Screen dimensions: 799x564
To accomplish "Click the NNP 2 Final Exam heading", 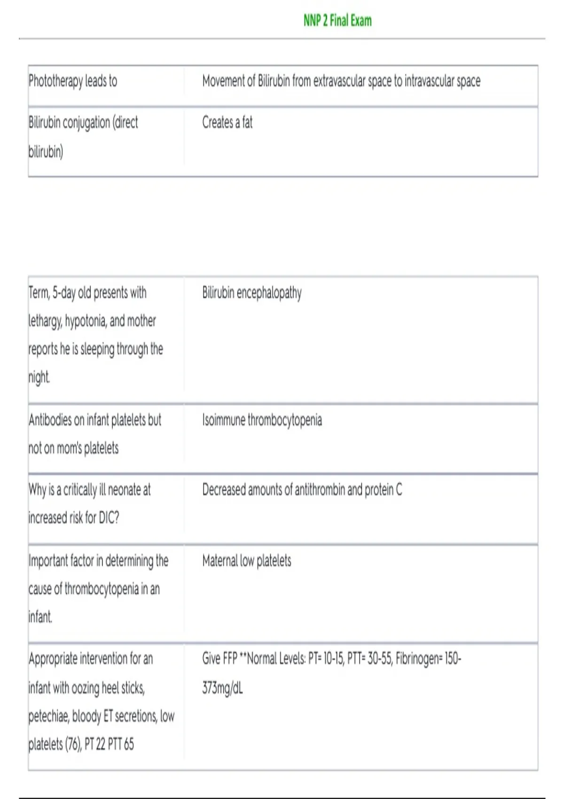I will click(337, 21).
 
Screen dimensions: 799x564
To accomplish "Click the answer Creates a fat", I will click(227, 123).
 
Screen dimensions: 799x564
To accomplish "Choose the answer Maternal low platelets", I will click(246, 561).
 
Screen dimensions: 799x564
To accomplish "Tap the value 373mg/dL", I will click(222, 688).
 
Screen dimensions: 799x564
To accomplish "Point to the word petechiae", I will click(48, 716).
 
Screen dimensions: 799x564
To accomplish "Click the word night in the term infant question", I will click(39, 377).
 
